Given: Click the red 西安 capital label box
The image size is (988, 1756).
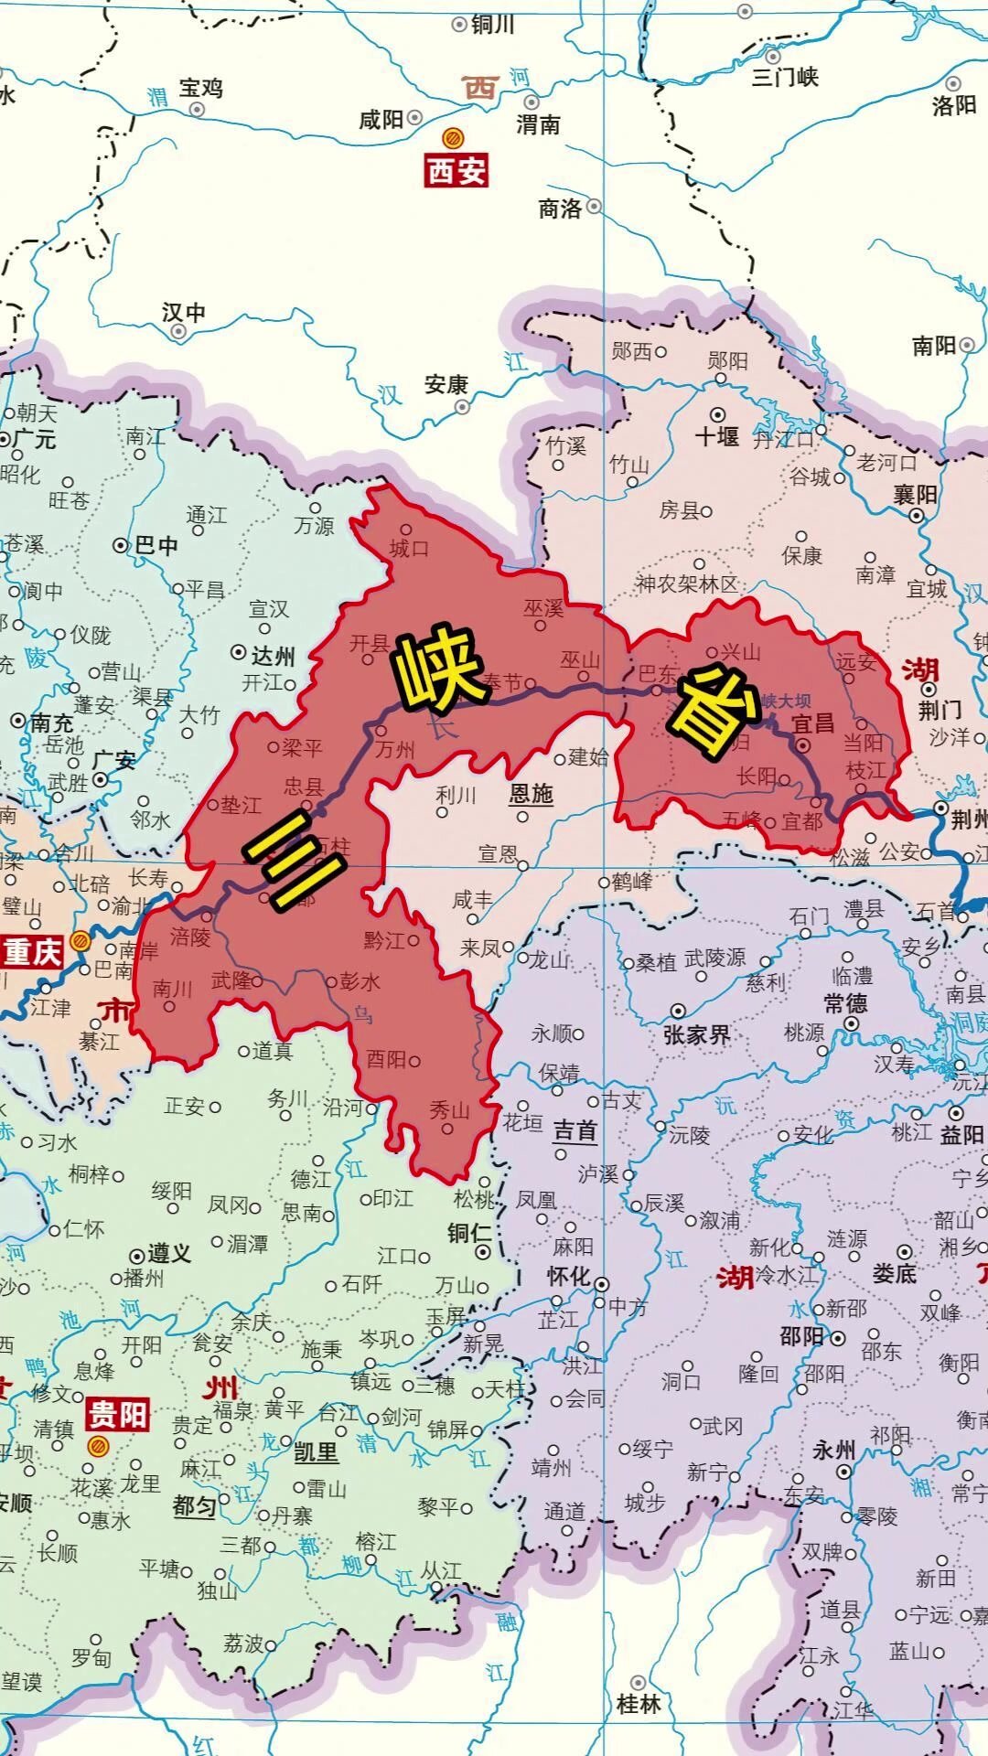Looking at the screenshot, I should point(456,171).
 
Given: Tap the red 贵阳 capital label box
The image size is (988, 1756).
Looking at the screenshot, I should point(117,1414).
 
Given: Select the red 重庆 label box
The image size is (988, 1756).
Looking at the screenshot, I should point(33,952).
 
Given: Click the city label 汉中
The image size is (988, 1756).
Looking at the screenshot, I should point(184,313).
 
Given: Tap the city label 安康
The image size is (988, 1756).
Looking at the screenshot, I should point(446,385).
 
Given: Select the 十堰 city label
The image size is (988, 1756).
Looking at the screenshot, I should point(716,436).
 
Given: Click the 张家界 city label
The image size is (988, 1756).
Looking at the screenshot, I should point(696,1034).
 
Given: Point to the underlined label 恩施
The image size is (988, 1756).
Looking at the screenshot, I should point(531,793).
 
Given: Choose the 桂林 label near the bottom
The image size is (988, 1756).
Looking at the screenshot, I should point(639,1704).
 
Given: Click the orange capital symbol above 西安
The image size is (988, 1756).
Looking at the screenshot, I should point(452,139).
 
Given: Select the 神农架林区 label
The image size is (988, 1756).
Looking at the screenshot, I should point(686,584).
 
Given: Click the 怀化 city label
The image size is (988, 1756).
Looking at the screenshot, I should point(569,1276).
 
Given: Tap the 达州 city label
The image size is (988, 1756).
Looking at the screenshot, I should point(273,655).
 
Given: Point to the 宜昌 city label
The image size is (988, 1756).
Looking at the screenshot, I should point(812,723).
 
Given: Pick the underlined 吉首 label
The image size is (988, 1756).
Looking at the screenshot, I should point(575,1131).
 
